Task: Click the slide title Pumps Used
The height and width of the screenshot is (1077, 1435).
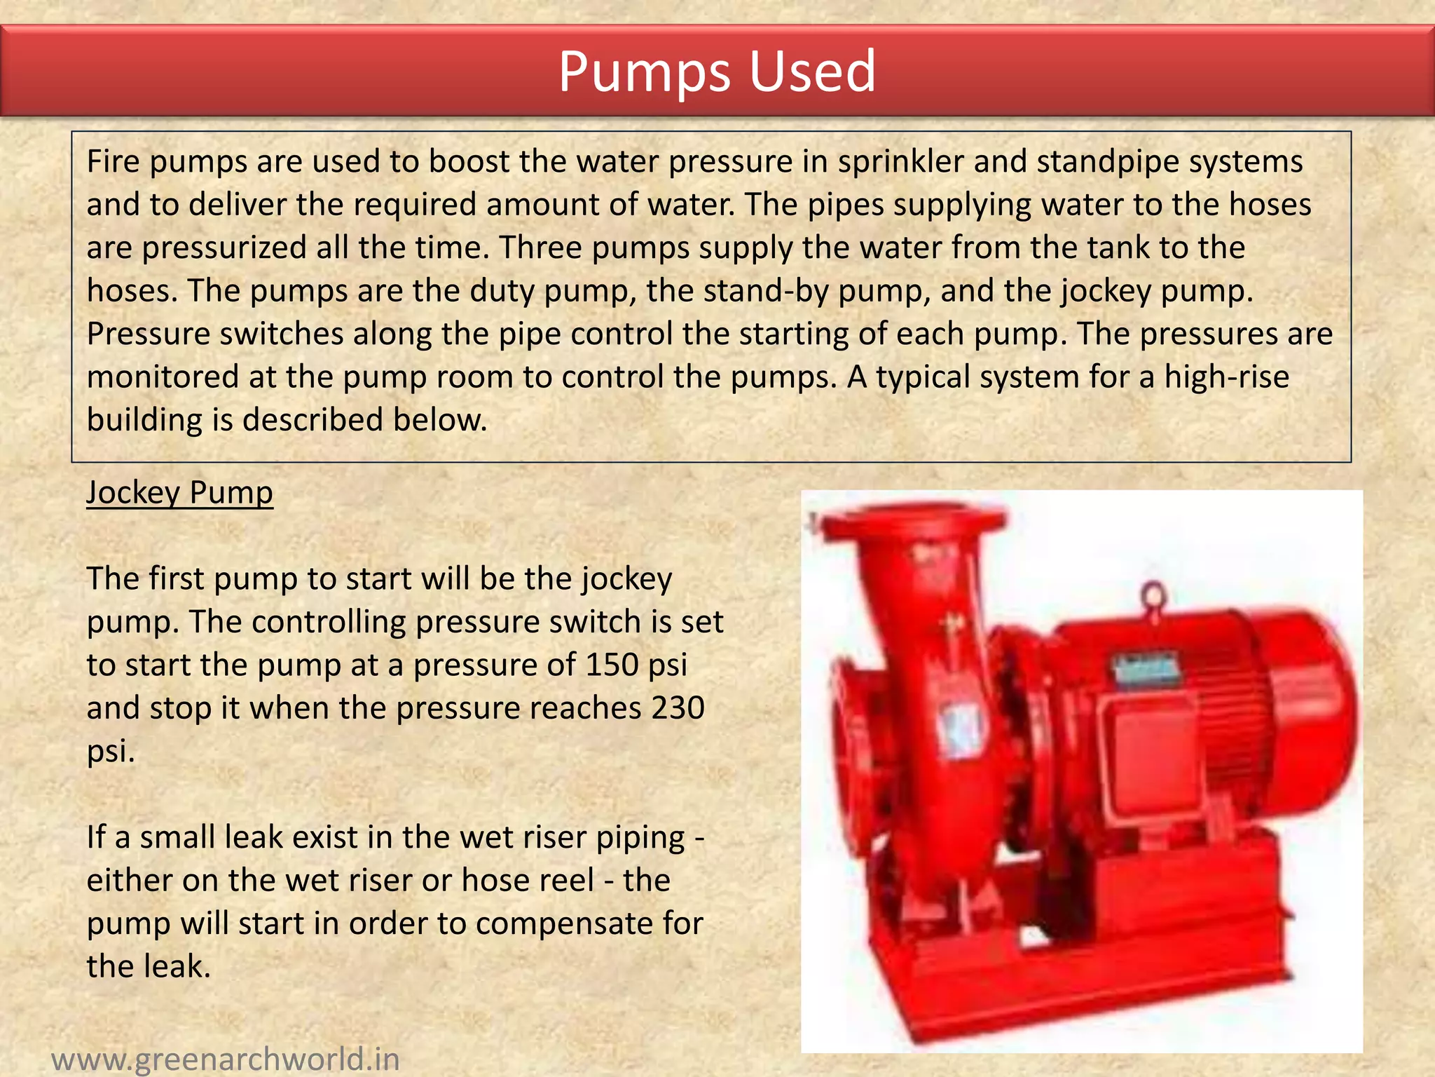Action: pos(717,71)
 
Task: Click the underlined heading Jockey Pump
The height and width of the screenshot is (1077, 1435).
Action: pos(179,493)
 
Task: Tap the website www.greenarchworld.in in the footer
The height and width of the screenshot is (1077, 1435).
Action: pos(226,1058)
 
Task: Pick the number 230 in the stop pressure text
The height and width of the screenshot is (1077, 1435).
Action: pos(678,707)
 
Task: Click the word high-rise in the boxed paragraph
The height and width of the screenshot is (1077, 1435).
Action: pos(1226,377)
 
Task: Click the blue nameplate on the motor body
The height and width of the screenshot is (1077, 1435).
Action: pos(1146,669)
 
